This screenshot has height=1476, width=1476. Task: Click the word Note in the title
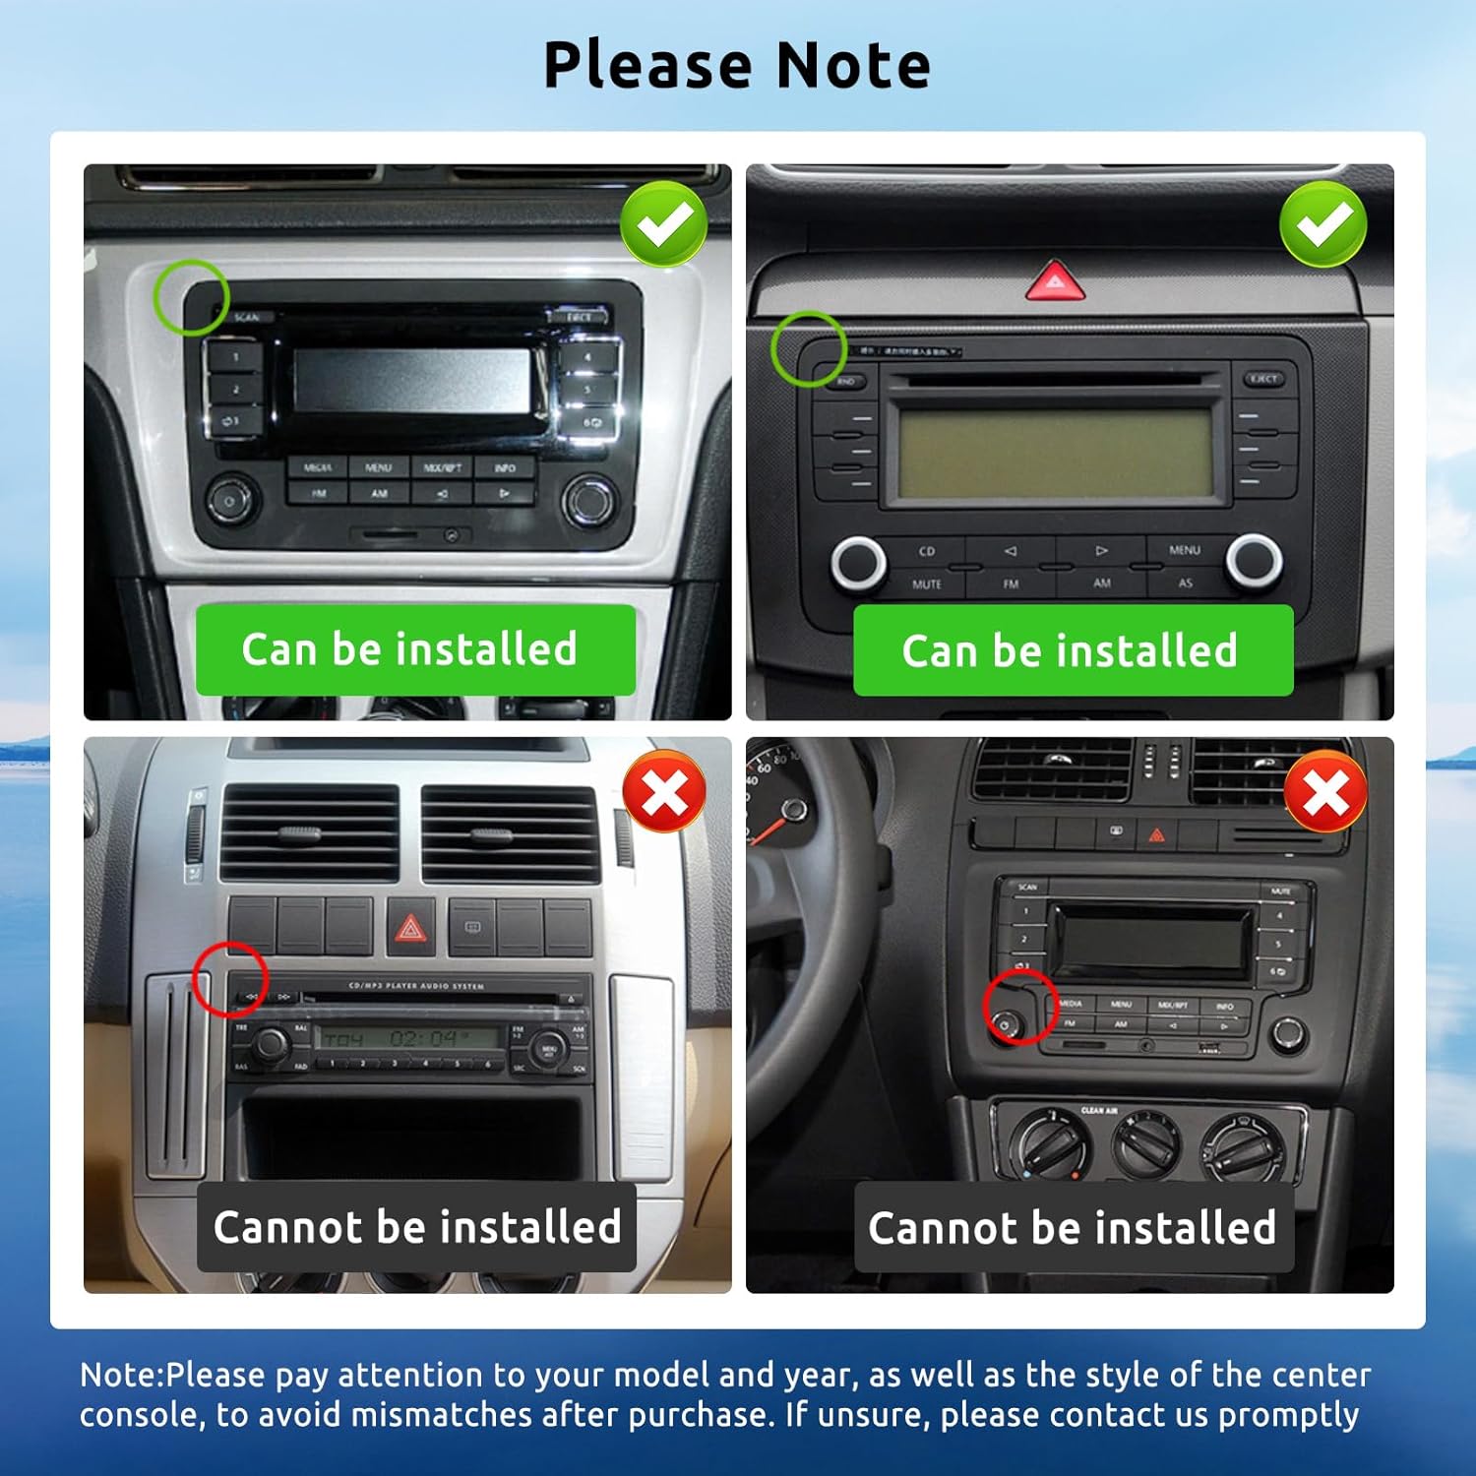[853, 66]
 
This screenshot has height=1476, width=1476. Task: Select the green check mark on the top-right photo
[1322, 223]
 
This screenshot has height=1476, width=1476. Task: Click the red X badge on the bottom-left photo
[664, 792]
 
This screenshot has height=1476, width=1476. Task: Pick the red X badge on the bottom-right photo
[1325, 792]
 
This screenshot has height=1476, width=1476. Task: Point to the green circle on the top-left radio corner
[191, 297]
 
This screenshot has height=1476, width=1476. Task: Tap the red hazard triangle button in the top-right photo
[1055, 281]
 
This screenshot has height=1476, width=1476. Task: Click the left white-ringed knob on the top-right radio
[858, 562]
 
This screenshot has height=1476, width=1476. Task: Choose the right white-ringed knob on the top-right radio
[1254, 560]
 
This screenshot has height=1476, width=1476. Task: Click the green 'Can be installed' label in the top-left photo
[414, 650]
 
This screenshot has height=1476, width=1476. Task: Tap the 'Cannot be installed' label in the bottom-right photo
[1073, 1227]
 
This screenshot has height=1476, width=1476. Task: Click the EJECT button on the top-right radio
[1263, 379]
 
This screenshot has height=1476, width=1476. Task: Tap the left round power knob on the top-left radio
[230, 500]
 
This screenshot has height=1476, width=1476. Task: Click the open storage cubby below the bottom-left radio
[413, 1132]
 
